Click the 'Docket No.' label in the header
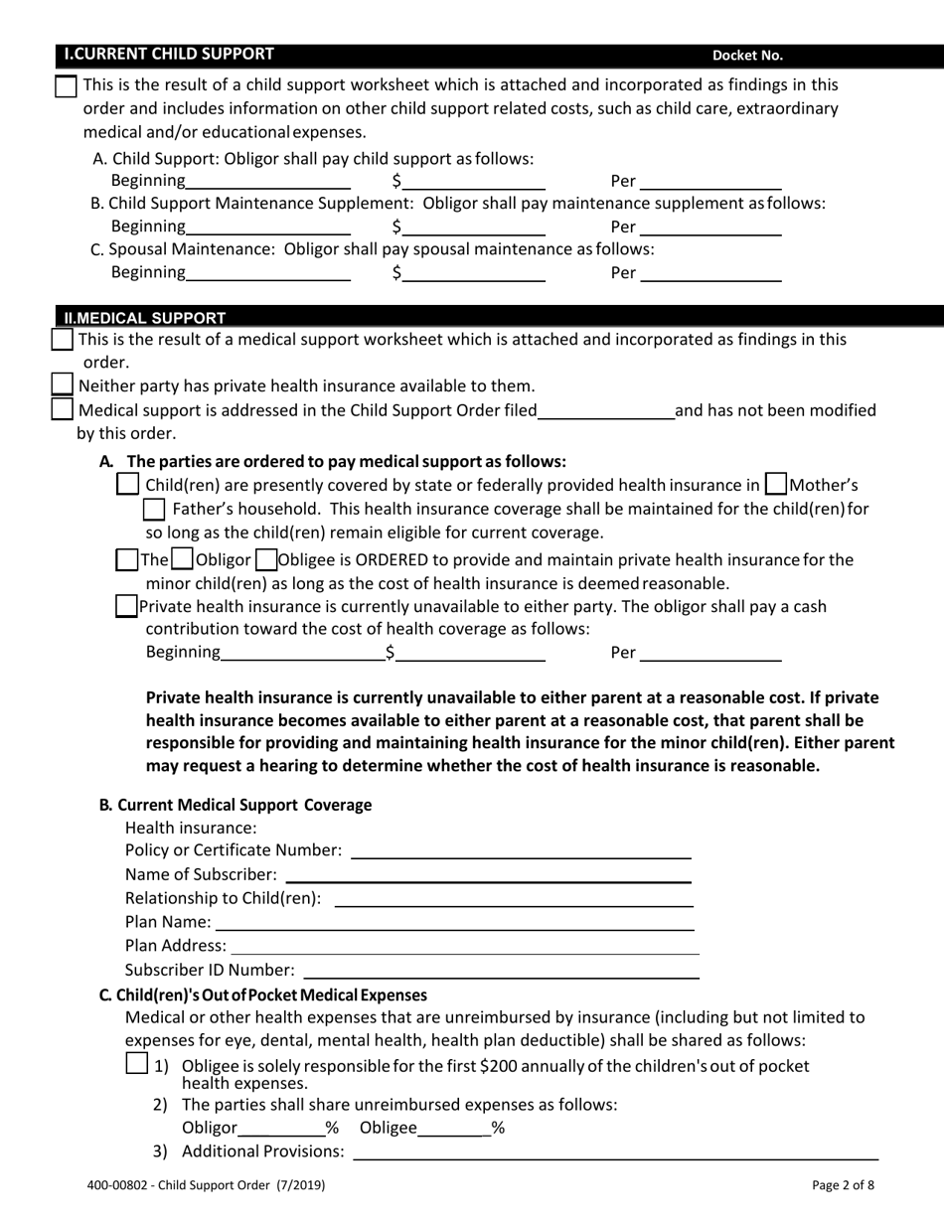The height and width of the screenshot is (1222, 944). click(x=747, y=56)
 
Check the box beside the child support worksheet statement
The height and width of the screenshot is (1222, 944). click(x=66, y=86)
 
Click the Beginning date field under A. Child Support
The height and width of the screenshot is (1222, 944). click(x=267, y=180)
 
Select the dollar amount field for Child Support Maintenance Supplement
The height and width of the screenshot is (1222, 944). click(x=473, y=227)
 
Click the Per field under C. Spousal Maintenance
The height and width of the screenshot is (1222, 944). click(x=710, y=272)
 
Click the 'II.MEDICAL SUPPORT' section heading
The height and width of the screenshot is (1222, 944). click(x=144, y=318)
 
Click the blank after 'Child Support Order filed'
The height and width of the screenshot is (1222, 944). click(x=605, y=409)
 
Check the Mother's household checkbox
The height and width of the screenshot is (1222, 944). click(x=776, y=485)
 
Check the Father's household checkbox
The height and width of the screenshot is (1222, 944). click(x=154, y=510)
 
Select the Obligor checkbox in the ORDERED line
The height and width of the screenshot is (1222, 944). click(x=182, y=559)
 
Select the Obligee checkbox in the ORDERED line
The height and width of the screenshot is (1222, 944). click(x=265, y=559)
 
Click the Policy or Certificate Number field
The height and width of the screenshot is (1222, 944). click(x=521, y=849)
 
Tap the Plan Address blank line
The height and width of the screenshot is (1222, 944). click(x=464, y=946)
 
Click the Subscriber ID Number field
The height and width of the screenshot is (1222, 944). click(x=501, y=970)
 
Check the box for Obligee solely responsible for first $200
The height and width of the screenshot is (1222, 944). click(x=138, y=1064)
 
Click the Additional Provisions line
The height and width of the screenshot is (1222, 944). click(x=616, y=1151)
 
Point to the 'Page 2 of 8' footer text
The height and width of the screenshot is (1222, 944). click(x=843, y=1184)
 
